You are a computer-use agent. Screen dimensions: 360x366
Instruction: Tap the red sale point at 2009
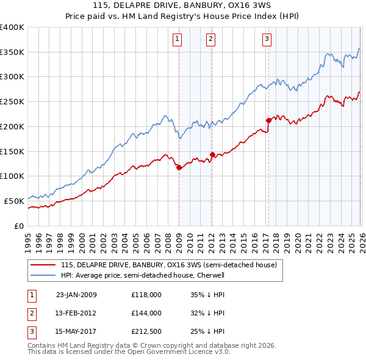click(179, 167)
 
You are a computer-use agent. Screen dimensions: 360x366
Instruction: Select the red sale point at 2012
click(212, 154)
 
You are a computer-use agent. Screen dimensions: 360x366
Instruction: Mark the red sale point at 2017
click(268, 120)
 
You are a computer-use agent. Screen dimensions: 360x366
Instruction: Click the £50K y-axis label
click(13, 201)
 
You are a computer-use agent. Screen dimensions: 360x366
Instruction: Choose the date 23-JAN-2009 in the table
click(76, 294)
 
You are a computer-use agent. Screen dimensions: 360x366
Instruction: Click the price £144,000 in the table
click(146, 312)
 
